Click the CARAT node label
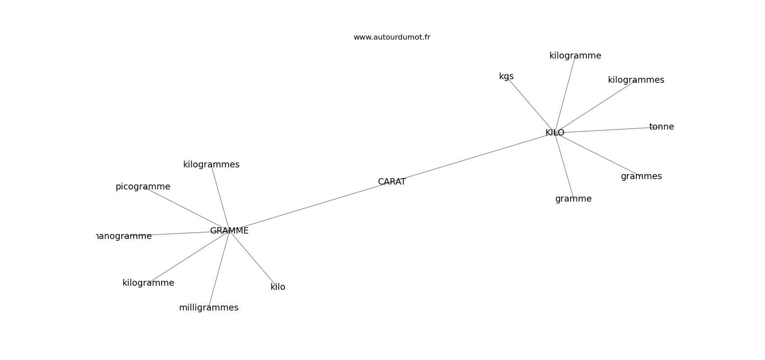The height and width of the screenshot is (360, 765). pyautogui.click(x=391, y=182)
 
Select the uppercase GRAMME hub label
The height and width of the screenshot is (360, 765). pyautogui.click(x=229, y=231)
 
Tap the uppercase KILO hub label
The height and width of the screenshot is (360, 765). pyautogui.click(x=554, y=133)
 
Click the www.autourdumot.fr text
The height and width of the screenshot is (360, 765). pyautogui.click(x=391, y=37)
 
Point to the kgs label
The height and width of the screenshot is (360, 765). pyautogui.click(x=506, y=76)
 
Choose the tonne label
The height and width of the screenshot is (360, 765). pyautogui.click(x=661, y=127)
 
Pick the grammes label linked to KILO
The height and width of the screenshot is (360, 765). pyautogui.click(x=641, y=176)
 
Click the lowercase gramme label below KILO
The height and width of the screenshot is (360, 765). pyautogui.click(x=573, y=199)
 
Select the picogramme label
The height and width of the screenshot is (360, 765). pyautogui.click(x=143, y=187)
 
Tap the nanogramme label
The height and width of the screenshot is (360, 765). pyautogui.click(x=124, y=236)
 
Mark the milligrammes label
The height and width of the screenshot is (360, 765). pyautogui.click(x=208, y=308)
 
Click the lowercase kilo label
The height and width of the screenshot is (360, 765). pyautogui.click(x=278, y=287)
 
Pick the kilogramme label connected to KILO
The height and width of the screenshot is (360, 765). pyautogui.click(x=575, y=56)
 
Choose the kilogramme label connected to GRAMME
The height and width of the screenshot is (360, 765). pyautogui.click(x=148, y=283)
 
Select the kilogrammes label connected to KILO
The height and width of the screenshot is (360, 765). pyautogui.click(x=635, y=80)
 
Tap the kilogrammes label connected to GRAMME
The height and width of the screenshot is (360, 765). pyautogui.click(x=211, y=165)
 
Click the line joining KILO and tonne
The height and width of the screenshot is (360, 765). pyautogui.click(x=607, y=130)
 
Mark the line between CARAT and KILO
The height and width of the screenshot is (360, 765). pyautogui.click(x=472, y=157)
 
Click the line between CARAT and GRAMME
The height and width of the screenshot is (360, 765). pyautogui.click(x=310, y=206)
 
